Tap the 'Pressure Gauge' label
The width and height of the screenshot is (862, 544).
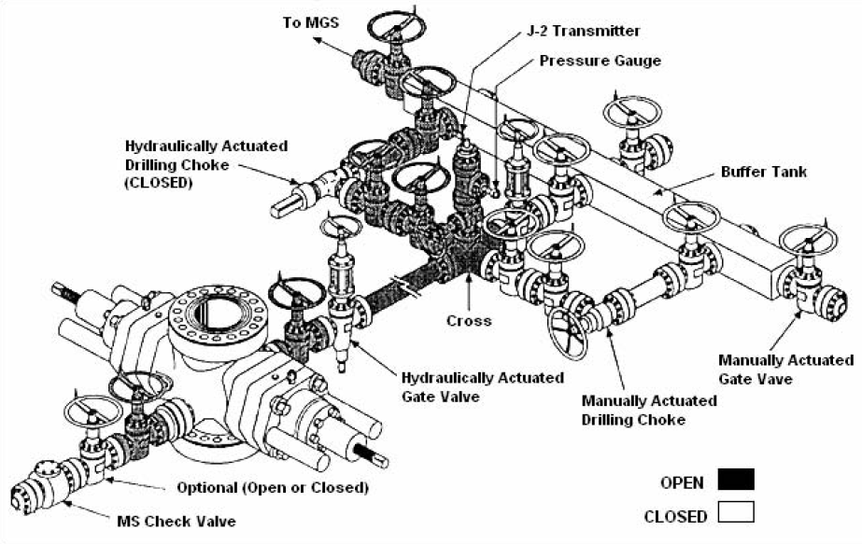tap(600, 61)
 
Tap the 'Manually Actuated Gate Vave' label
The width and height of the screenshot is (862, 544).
tap(785, 369)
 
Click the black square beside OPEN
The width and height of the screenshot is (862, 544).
tap(736, 481)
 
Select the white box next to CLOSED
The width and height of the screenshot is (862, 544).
tap(736, 512)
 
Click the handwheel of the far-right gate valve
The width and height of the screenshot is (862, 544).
tap(805, 241)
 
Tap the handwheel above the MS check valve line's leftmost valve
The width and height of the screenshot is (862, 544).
tap(90, 410)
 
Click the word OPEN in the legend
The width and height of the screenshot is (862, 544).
tap(682, 482)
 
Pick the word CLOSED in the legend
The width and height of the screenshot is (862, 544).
tap(675, 515)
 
